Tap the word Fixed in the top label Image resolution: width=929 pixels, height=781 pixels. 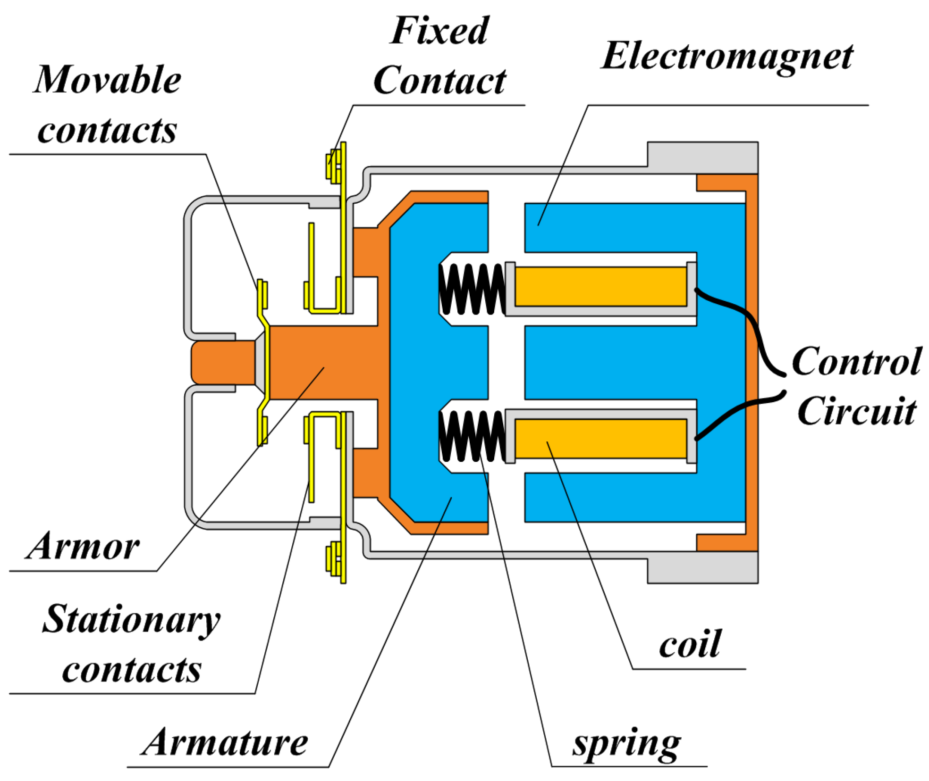point(439,31)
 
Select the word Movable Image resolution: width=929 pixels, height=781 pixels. point(108,80)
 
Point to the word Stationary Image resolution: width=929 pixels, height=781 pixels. point(131,620)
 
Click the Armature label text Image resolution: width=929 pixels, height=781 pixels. point(225,743)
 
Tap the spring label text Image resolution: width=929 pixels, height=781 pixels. point(627,744)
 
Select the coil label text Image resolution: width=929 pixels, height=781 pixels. point(690,645)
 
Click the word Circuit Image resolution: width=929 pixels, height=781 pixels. point(857,411)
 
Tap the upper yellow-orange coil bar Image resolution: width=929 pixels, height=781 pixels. point(600,287)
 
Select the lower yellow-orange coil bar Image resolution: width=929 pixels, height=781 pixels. point(600,439)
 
